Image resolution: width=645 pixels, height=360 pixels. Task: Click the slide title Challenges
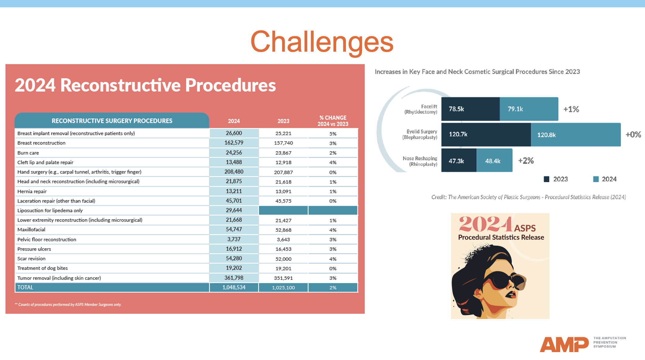(x=322, y=42)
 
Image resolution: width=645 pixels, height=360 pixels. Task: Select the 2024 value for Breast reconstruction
(x=234, y=143)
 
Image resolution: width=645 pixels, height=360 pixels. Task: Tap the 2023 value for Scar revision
(x=283, y=259)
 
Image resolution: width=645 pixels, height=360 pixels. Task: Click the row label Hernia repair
(x=32, y=191)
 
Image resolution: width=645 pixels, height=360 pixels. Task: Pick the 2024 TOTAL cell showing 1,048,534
(x=234, y=287)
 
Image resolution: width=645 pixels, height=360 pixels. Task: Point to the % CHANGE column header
(x=333, y=121)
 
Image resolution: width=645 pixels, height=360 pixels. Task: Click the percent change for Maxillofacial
(x=333, y=230)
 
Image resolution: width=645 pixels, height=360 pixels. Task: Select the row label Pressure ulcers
(x=34, y=249)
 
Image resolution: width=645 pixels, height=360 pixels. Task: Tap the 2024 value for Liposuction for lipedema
(x=234, y=210)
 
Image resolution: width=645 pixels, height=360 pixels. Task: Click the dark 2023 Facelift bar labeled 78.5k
(x=470, y=109)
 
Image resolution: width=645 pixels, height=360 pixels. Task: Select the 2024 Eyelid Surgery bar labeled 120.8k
(x=575, y=135)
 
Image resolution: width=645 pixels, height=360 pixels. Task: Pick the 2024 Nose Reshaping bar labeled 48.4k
(x=494, y=161)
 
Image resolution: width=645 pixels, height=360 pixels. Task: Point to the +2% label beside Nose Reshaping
(x=526, y=161)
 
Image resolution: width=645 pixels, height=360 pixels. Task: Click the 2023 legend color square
(x=547, y=179)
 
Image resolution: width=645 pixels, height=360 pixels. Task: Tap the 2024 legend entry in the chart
(x=605, y=179)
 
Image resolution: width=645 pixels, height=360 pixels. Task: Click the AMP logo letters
(x=564, y=344)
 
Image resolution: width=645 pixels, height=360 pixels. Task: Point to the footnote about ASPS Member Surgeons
(x=68, y=304)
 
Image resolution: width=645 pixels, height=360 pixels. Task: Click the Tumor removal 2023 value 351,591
(x=283, y=278)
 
